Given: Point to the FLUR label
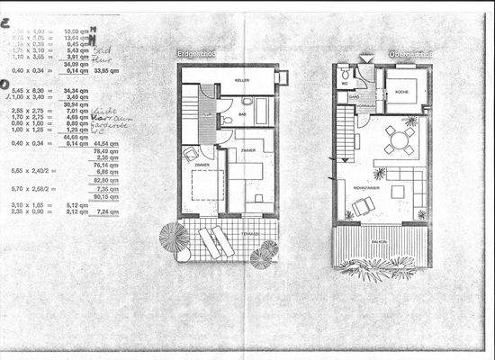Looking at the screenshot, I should (206, 114).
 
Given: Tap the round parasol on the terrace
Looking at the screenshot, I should (174, 238).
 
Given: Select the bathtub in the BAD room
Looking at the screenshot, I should (261, 112).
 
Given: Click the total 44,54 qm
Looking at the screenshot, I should (106, 143).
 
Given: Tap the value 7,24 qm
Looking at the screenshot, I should (106, 212).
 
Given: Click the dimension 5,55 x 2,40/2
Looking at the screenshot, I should (32, 169).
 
